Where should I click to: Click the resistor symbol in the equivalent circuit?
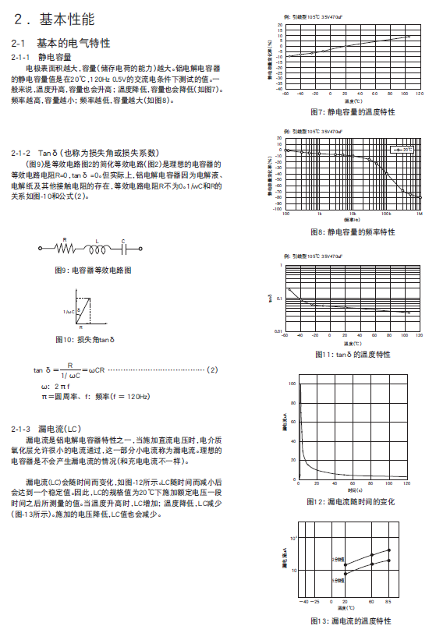(x=66, y=249)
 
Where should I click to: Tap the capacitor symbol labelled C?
(x=123, y=249)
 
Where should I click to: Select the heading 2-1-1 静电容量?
(x=44, y=57)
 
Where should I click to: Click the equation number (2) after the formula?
(x=211, y=370)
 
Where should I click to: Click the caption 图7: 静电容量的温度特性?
(x=352, y=111)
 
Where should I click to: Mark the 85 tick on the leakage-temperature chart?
(x=388, y=602)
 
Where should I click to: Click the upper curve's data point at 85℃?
(x=388, y=550)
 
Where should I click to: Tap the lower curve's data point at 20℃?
(x=346, y=574)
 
